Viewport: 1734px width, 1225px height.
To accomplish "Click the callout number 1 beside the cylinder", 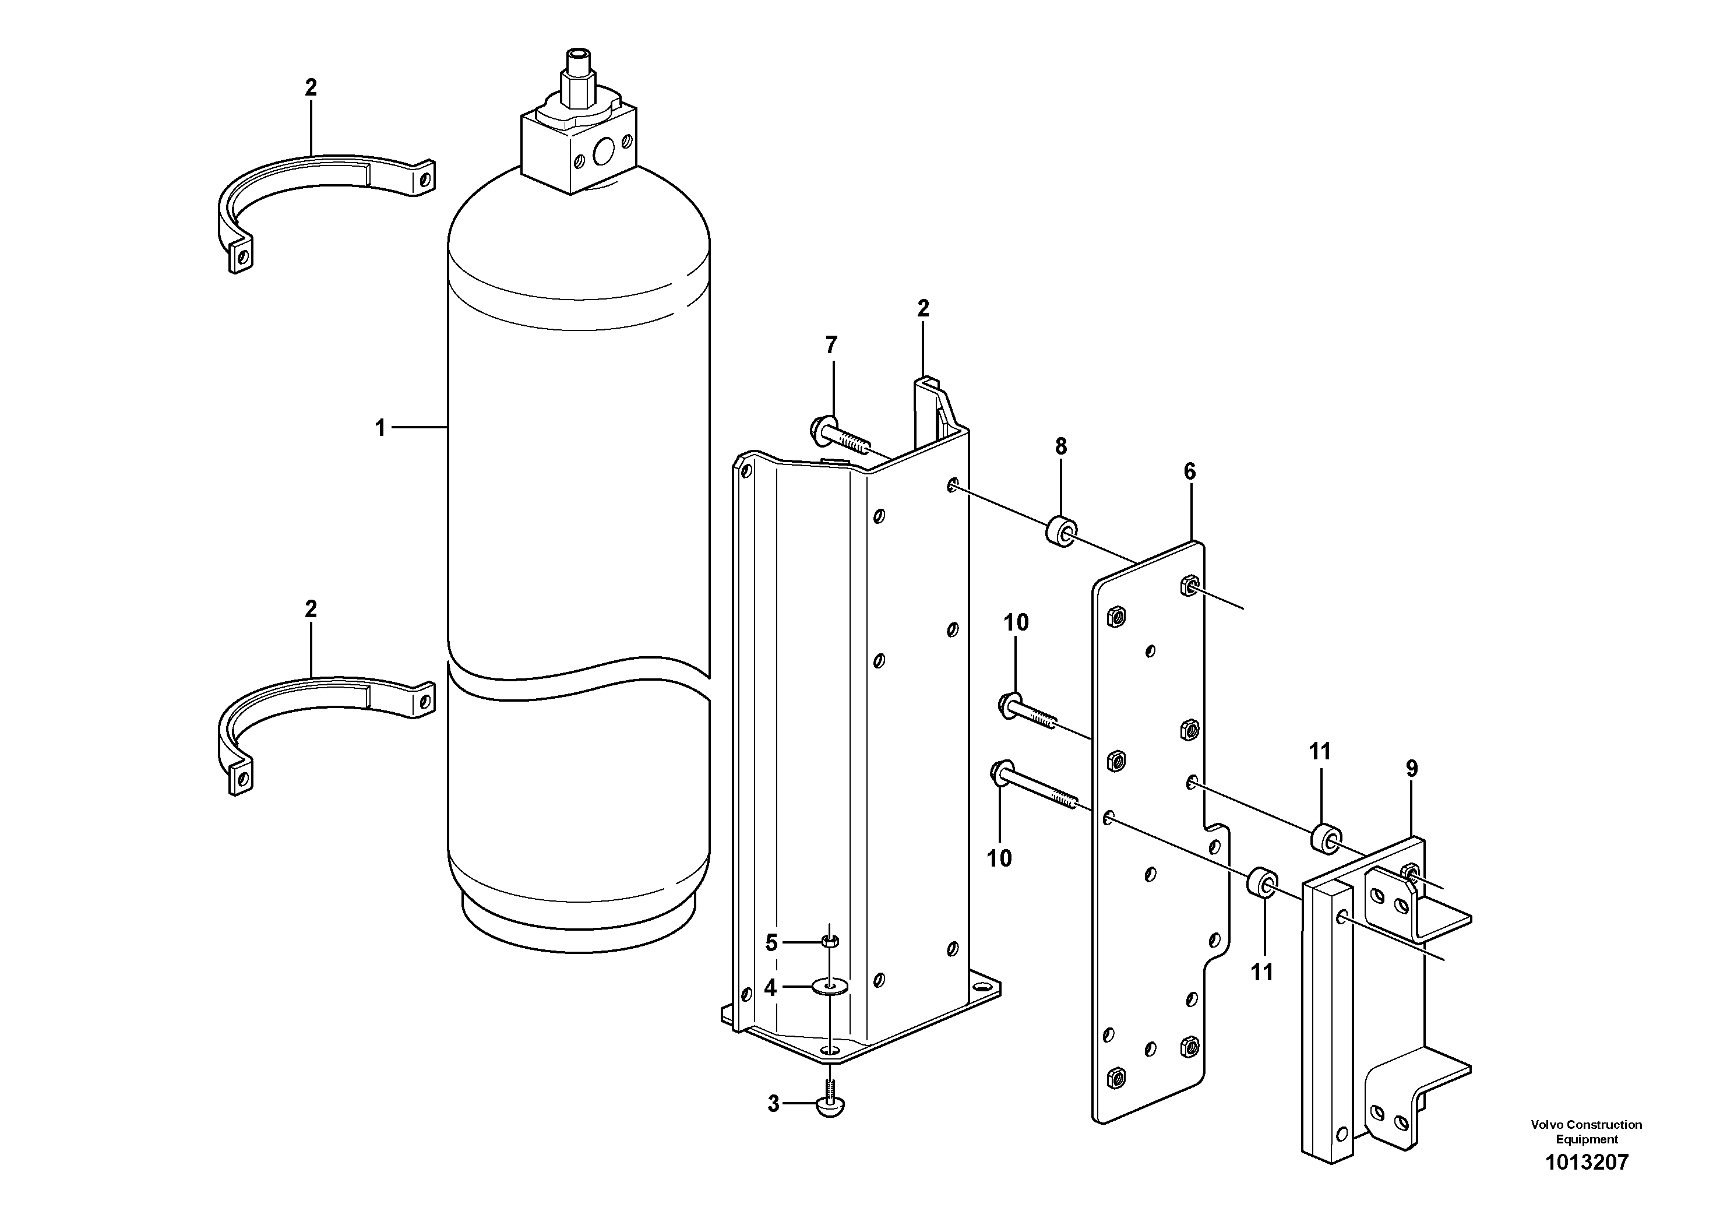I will (380, 429).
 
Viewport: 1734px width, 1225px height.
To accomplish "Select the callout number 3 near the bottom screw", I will (773, 1104).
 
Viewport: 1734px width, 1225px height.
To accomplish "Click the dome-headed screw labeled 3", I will (829, 1107).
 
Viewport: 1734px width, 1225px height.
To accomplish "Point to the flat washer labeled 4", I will (830, 986).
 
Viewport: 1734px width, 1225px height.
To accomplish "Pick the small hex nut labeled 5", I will (829, 941).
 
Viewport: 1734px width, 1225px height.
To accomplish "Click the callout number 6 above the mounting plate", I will (1189, 472).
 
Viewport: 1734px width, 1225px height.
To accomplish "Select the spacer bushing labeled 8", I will (1061, 531).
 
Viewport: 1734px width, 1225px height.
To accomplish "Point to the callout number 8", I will (1061, 447).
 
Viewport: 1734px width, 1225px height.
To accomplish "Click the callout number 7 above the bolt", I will (831, 345).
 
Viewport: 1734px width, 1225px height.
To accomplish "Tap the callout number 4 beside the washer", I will (770, 988).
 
